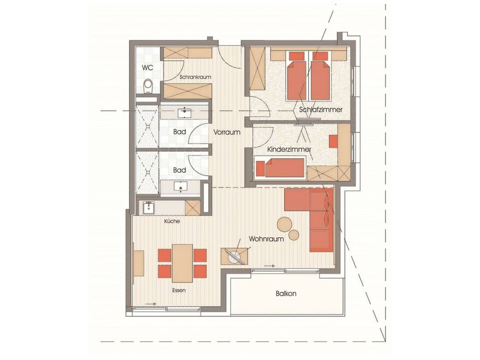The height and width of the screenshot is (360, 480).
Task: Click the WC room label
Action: (x=148, y=67)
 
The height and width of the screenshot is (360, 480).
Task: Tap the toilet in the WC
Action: (x=148, y=86)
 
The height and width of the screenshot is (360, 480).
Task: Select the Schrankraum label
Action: (x=195, y=77)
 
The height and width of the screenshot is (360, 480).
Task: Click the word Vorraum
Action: (x=227, y=132)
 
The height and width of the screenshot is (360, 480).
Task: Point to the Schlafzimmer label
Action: (x=321, y=109)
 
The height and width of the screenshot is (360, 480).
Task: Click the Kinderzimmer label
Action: (x=289, y=149)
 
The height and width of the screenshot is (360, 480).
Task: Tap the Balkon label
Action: (x=286, y=293)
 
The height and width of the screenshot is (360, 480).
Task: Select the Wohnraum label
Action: (x=266, y=239)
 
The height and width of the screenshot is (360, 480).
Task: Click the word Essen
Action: (x=179, y=290)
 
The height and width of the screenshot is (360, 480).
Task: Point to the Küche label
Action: (x=172, y=221)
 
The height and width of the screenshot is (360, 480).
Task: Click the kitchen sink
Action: (x=149, y=208)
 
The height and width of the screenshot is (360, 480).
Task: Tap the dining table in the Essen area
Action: (x=182, y=263)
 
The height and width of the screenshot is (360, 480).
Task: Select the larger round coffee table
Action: (x=285, y=225)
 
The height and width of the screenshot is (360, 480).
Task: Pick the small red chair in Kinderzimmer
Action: (x=333, y=142)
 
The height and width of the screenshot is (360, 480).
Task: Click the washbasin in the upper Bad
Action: (x=184, y=113)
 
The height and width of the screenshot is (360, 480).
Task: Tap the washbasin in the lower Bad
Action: (x=181, y=186)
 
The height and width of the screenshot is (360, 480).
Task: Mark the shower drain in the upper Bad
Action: (x=148, y=126)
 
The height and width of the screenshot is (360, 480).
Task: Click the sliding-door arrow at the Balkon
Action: (x=269, y=266)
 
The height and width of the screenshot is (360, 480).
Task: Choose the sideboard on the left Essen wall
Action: (x=139, y=263)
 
